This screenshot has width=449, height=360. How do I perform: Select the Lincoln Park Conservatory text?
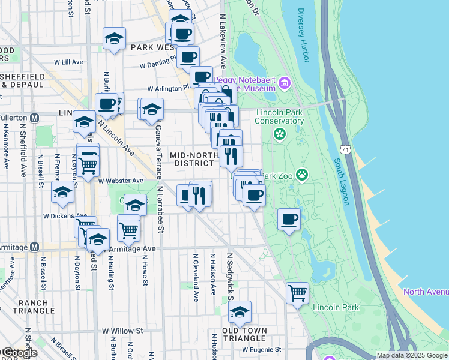click(280, 116)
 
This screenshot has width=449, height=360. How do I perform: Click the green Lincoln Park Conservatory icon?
click(279, 134)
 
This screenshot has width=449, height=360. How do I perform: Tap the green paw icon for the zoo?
click(301, 175)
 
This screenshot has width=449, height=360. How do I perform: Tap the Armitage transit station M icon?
click(35, 247)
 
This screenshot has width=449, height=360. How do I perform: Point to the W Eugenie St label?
click(262, 349)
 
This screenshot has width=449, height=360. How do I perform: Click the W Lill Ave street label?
click(68, 62)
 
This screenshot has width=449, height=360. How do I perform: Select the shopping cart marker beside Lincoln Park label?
click(297, 293)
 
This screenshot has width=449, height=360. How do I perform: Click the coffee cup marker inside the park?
click(289, 220)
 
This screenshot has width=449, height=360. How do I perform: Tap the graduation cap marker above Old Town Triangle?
click(240, 312)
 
